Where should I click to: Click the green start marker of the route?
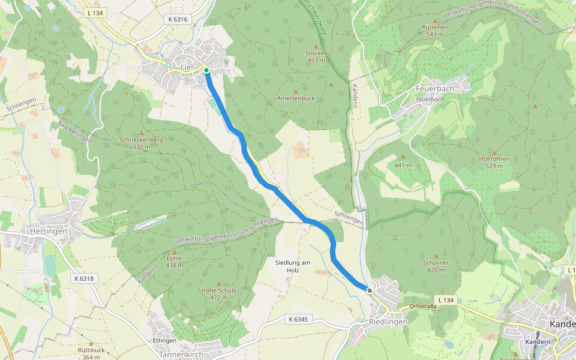[206, 70]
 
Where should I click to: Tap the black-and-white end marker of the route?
[370, 291]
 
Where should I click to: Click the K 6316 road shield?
[178, 19]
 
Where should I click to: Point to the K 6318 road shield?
[85, 278]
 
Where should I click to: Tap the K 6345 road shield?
[297, 319]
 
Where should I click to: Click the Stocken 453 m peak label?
[316, 56]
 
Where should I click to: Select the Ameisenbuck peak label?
[295, 98]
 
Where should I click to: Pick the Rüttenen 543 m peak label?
[435, 31]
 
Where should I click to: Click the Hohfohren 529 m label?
[494, 162]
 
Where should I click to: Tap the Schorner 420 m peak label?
[436, 266]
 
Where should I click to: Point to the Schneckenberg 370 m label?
[142, 143]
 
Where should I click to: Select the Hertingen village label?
[48, 231]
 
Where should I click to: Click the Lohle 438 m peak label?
[174, 262]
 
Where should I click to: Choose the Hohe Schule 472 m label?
[219, 293]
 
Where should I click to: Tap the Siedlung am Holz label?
[292, 266]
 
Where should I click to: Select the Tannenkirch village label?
[181, 354]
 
